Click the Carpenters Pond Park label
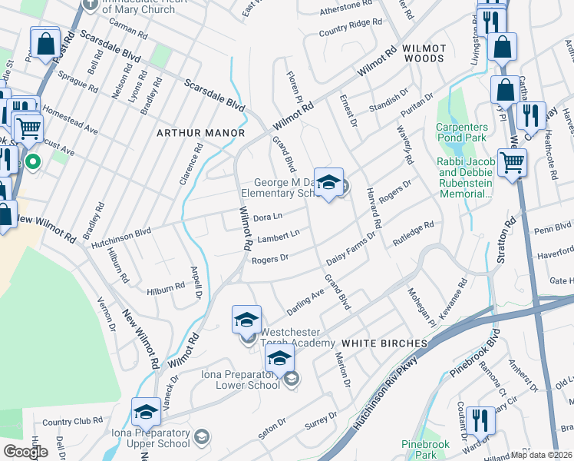(x=461, y=132)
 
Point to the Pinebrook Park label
(x=419, y=449)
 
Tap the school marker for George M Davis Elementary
(x=328, y=183)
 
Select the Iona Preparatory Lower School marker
(x=280, y=359)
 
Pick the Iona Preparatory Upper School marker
(x=145, y=412)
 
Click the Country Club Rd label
(x=73, y=422)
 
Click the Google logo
(x=25, y=452)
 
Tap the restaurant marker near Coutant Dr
(x=481, y=420)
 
